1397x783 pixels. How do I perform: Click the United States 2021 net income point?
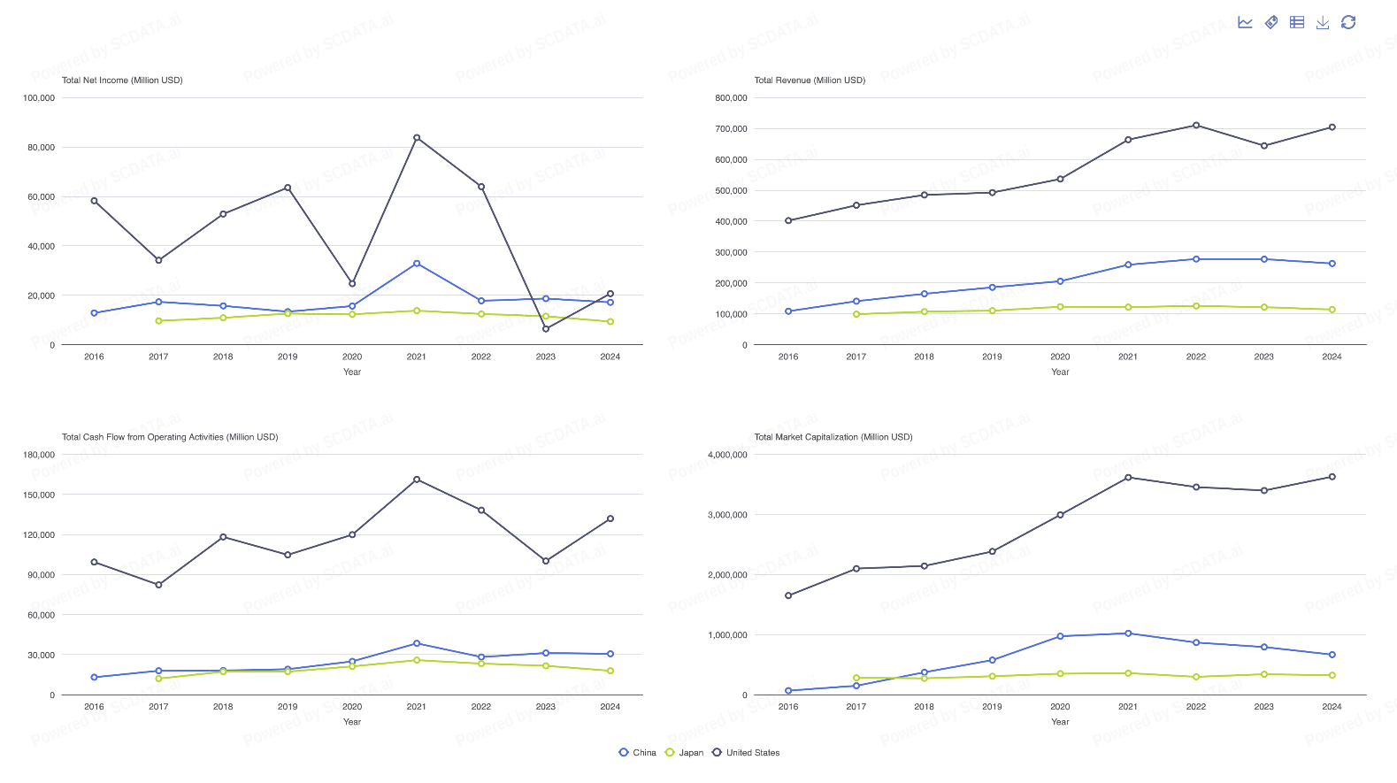[417, 138]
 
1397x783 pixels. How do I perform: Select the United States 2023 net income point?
[546, 329]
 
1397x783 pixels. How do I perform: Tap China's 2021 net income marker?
[417, 264]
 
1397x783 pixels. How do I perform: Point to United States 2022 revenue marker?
[1196, 126]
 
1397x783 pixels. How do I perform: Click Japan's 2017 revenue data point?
[856, 314]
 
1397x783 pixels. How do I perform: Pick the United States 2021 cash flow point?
[417, 480]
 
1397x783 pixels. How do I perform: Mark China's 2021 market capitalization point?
[1128, 633]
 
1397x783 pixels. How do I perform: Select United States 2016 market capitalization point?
[788, 595]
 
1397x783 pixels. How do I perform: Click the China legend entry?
[638, 753]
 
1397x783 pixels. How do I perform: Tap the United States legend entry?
[747, 753]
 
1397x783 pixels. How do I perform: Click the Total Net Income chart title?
[122, 81]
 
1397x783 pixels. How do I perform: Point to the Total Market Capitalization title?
[833, 437]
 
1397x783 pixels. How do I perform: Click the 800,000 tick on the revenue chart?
[731, 98]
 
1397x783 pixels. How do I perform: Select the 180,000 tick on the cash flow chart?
[39, 455]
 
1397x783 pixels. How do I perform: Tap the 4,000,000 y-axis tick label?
[727, 455]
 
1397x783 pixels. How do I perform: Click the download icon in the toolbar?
[1323, 22]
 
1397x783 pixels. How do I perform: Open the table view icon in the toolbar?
[1297, 22]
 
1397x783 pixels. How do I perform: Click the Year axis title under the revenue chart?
[1060, 372]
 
